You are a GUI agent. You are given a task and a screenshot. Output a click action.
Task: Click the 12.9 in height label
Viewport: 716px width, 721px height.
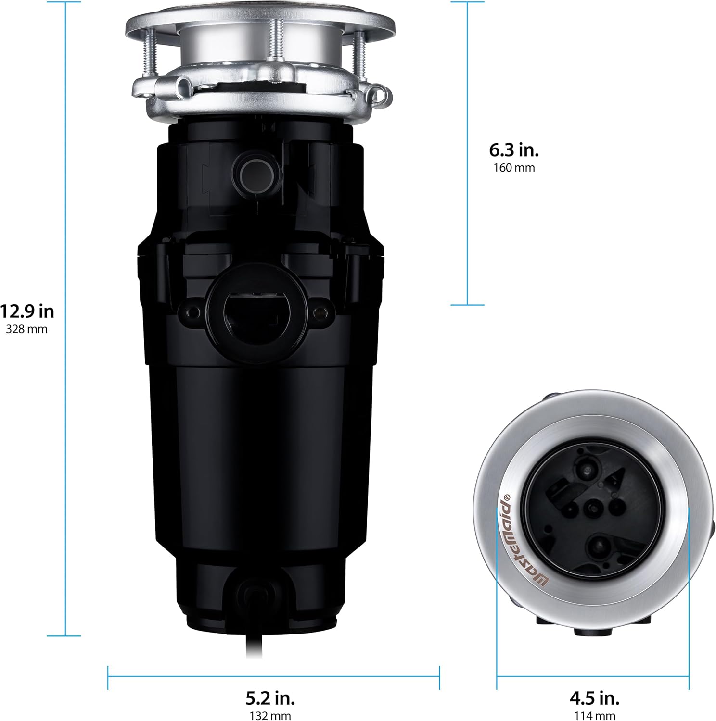coord(27,311)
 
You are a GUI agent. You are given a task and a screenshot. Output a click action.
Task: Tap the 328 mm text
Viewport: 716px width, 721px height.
coord(27,329)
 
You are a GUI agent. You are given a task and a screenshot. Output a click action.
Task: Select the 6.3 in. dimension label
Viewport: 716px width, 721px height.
coord(514,150)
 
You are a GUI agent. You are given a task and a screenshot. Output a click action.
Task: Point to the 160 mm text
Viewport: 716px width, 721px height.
coord(514,168)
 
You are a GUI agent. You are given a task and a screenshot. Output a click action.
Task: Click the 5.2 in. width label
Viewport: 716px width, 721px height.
coord(270,697)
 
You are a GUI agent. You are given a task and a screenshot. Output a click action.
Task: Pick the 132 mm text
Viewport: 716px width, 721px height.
coord(270,716)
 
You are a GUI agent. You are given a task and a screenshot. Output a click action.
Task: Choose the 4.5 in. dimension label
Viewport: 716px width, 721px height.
coord(595,697)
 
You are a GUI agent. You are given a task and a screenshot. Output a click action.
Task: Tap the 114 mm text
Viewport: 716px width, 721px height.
coord(595,716)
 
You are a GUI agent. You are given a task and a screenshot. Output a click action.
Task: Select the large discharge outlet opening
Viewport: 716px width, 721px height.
coord(254,312)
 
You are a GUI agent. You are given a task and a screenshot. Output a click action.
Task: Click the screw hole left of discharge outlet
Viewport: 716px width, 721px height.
coord(193,313)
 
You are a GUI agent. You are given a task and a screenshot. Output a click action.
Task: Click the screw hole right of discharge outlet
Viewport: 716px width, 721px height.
coord(317,313)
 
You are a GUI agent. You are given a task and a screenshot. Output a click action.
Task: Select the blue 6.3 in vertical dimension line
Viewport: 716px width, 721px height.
coord(467,240)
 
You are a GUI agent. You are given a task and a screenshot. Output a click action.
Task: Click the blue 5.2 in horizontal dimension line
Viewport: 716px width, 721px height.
coord(273,677)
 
